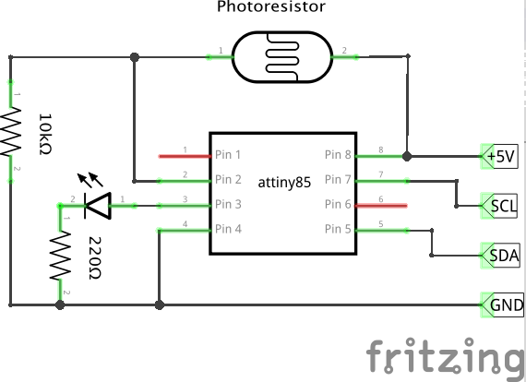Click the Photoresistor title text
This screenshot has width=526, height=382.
click(271, 8)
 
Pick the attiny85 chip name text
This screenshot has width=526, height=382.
click(283, 183)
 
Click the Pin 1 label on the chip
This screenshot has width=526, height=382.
click(228, 155)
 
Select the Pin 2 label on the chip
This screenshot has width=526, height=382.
click(228, 179)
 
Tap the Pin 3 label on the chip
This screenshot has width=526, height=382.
click(228, 204)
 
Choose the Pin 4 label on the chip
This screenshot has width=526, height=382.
click(228, 228)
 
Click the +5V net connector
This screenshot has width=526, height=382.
click(502, 156)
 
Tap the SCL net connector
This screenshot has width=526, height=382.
click(502, 205)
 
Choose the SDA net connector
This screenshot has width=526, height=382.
click(502, 254)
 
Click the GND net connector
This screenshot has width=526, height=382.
click(503, 304)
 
